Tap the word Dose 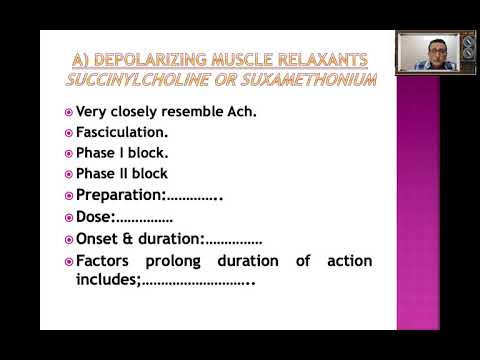pos(94,216)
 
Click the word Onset pos(99,239)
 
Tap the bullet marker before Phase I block pos(68,154)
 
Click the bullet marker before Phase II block pos(68,174)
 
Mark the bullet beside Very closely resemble pos(68,111)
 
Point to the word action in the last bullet pos(349,261)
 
